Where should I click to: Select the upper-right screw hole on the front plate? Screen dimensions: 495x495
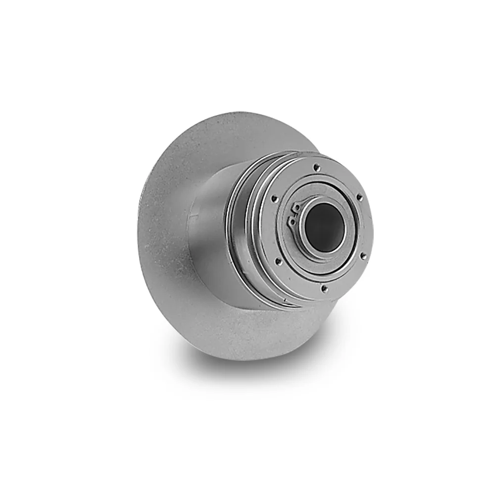click(359, 197)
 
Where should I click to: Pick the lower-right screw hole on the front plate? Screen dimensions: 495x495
click(363, 255)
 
